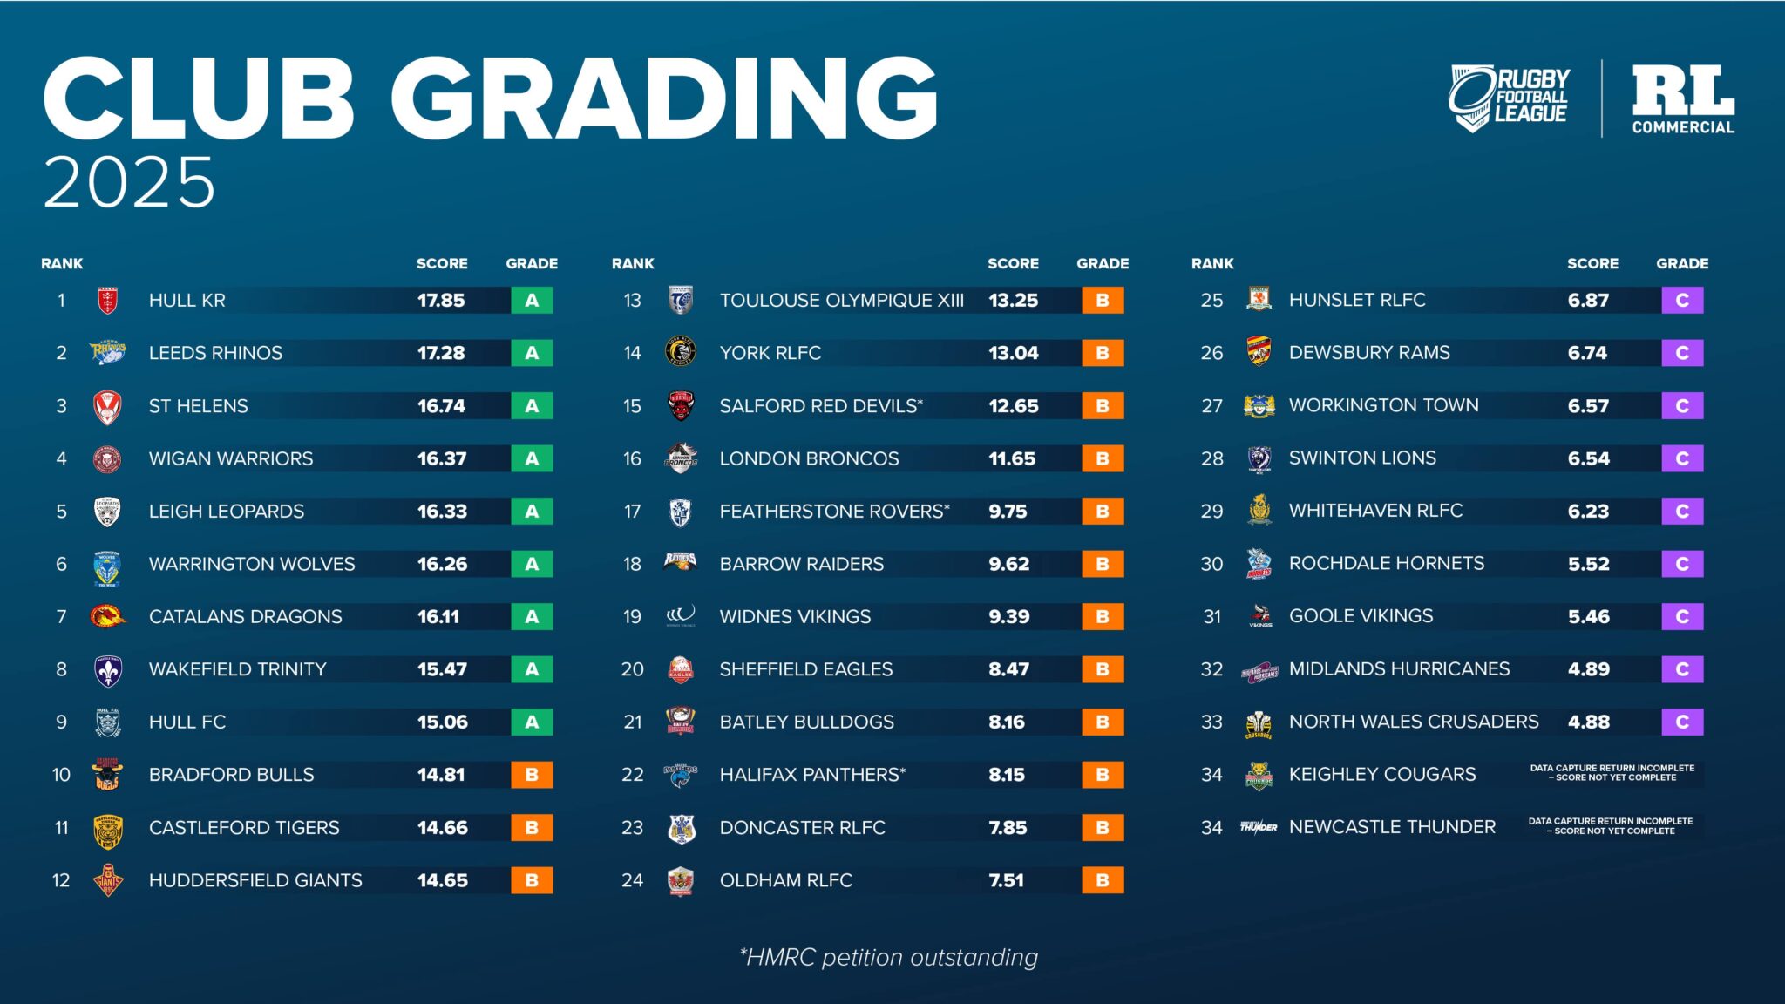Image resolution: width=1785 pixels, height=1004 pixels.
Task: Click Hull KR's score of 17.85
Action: (441, 301)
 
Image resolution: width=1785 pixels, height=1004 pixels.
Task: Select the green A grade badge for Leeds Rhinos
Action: (532, 353)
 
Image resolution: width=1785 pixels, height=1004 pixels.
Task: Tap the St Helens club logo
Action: (107, 407)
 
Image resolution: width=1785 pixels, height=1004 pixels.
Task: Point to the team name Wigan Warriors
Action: (231, 458)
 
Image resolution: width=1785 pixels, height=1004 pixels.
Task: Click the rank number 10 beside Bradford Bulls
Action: (61, 775)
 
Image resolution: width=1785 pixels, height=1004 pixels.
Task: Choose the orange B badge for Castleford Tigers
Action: (532, 828)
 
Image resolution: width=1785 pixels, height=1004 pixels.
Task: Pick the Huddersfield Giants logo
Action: (108, 880)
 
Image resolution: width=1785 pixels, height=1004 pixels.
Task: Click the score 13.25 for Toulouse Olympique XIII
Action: (1013, 301)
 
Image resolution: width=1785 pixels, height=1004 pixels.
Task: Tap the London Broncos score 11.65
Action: (1012, 458)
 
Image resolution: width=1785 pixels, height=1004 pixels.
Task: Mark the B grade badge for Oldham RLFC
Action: (1103, 880)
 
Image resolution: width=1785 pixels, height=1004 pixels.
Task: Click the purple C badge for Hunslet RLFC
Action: (1682, 301)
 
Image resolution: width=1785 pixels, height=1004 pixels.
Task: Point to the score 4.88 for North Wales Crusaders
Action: (1588, 722)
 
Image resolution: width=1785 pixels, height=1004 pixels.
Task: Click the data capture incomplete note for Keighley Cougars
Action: (1612, 773)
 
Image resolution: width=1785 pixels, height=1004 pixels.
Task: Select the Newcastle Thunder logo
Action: (1259, 827)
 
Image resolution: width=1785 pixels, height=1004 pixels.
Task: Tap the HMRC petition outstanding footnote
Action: (888, 957)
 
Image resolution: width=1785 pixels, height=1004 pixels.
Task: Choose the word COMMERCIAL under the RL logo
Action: (1683, 127)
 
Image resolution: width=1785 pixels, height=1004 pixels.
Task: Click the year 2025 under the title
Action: (129, 183)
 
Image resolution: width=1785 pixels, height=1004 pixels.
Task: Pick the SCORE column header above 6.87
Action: (1592, 263)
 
